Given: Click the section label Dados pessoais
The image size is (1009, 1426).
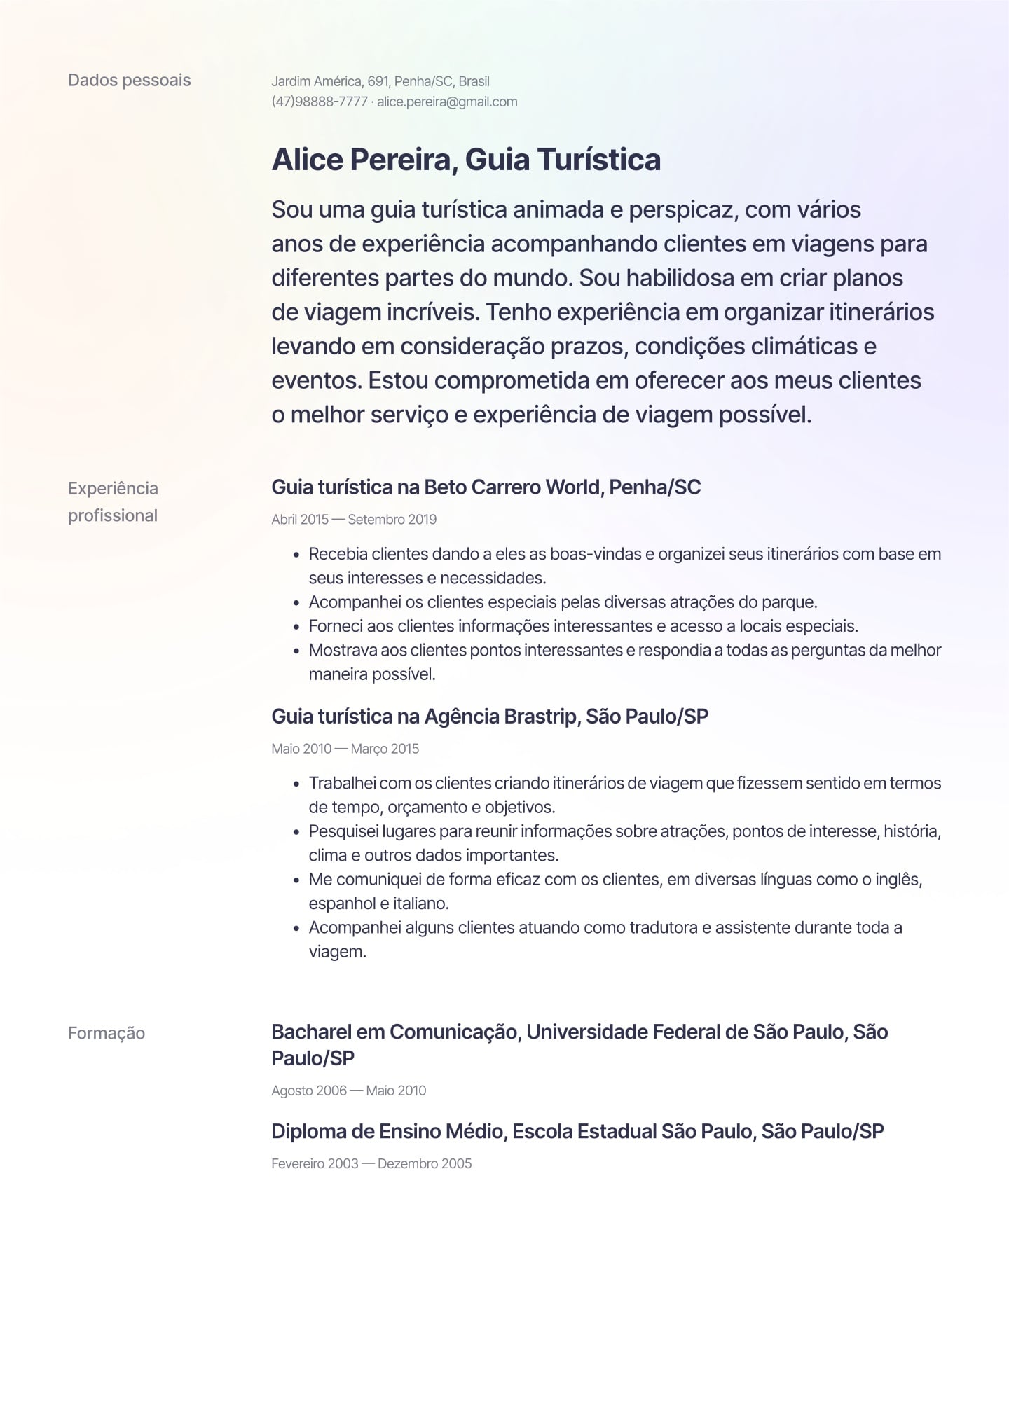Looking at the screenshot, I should click(129, 80).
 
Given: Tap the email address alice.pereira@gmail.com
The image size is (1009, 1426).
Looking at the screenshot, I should click(447, 102).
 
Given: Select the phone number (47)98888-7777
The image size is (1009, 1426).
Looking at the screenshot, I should click(319, 102).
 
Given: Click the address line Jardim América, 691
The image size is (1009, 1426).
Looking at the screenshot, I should click(328, 81).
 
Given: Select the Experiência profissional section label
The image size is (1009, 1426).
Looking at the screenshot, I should click(113, 501).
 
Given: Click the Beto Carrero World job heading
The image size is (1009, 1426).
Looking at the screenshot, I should click(486, 487).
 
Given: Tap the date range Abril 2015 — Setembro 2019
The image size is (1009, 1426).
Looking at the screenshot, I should click(354, 519).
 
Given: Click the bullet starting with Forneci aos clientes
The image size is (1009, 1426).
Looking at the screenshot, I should click(583, 625).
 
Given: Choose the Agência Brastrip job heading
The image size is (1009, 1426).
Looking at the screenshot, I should click(490, 716).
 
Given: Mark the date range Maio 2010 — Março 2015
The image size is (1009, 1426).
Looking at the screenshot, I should click(345, 748).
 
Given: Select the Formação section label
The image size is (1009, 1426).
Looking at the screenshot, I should click(107, 1033).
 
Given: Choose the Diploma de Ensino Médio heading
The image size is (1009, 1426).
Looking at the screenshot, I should click(577, 1130).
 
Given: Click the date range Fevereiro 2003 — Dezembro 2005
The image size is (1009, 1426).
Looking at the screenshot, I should click(371, 1163).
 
